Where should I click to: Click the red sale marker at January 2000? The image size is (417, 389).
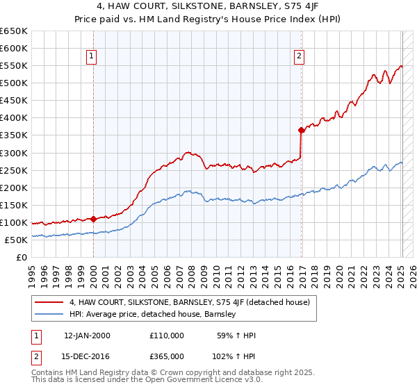tap(93, 219)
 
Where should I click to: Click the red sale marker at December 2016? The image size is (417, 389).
tap(301, 130)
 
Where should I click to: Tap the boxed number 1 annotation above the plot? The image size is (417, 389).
tap(92, 57)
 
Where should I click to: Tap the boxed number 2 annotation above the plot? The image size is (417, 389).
tap(300, 57)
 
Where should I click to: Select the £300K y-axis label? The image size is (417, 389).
tap(14, 153)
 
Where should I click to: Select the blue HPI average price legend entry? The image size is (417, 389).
tap(153, 314)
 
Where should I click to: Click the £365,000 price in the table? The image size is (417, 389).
tap(167, 356)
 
